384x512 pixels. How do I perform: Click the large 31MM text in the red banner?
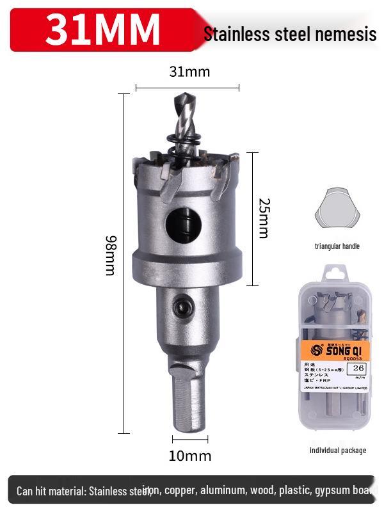(102, 29)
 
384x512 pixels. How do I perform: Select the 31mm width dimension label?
(189, 72)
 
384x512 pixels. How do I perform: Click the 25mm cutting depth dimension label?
(264, 218)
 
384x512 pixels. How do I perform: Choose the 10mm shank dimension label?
(190, 456)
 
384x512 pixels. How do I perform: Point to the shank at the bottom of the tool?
(189, 400)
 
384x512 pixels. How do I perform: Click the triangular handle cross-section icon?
(337, 208)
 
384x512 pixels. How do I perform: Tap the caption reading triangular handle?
(337, 246)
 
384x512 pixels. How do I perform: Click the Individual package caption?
(338, 451)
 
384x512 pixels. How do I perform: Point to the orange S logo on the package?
(316, 350)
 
